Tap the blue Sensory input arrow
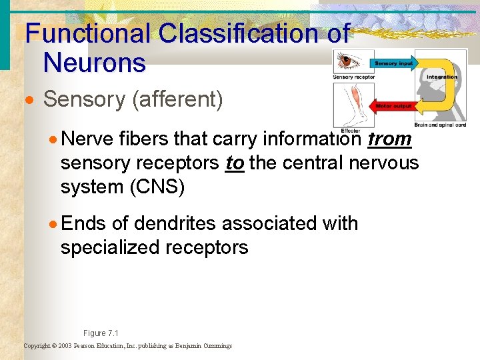tap(393, 63)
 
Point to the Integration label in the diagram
tap(442, 77)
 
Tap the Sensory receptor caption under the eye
tap(353, 77)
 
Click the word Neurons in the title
tap(94, 63)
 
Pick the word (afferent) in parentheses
tap(178, 99)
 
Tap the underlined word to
tap(235, 163)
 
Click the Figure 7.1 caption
tap(100, 333)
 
